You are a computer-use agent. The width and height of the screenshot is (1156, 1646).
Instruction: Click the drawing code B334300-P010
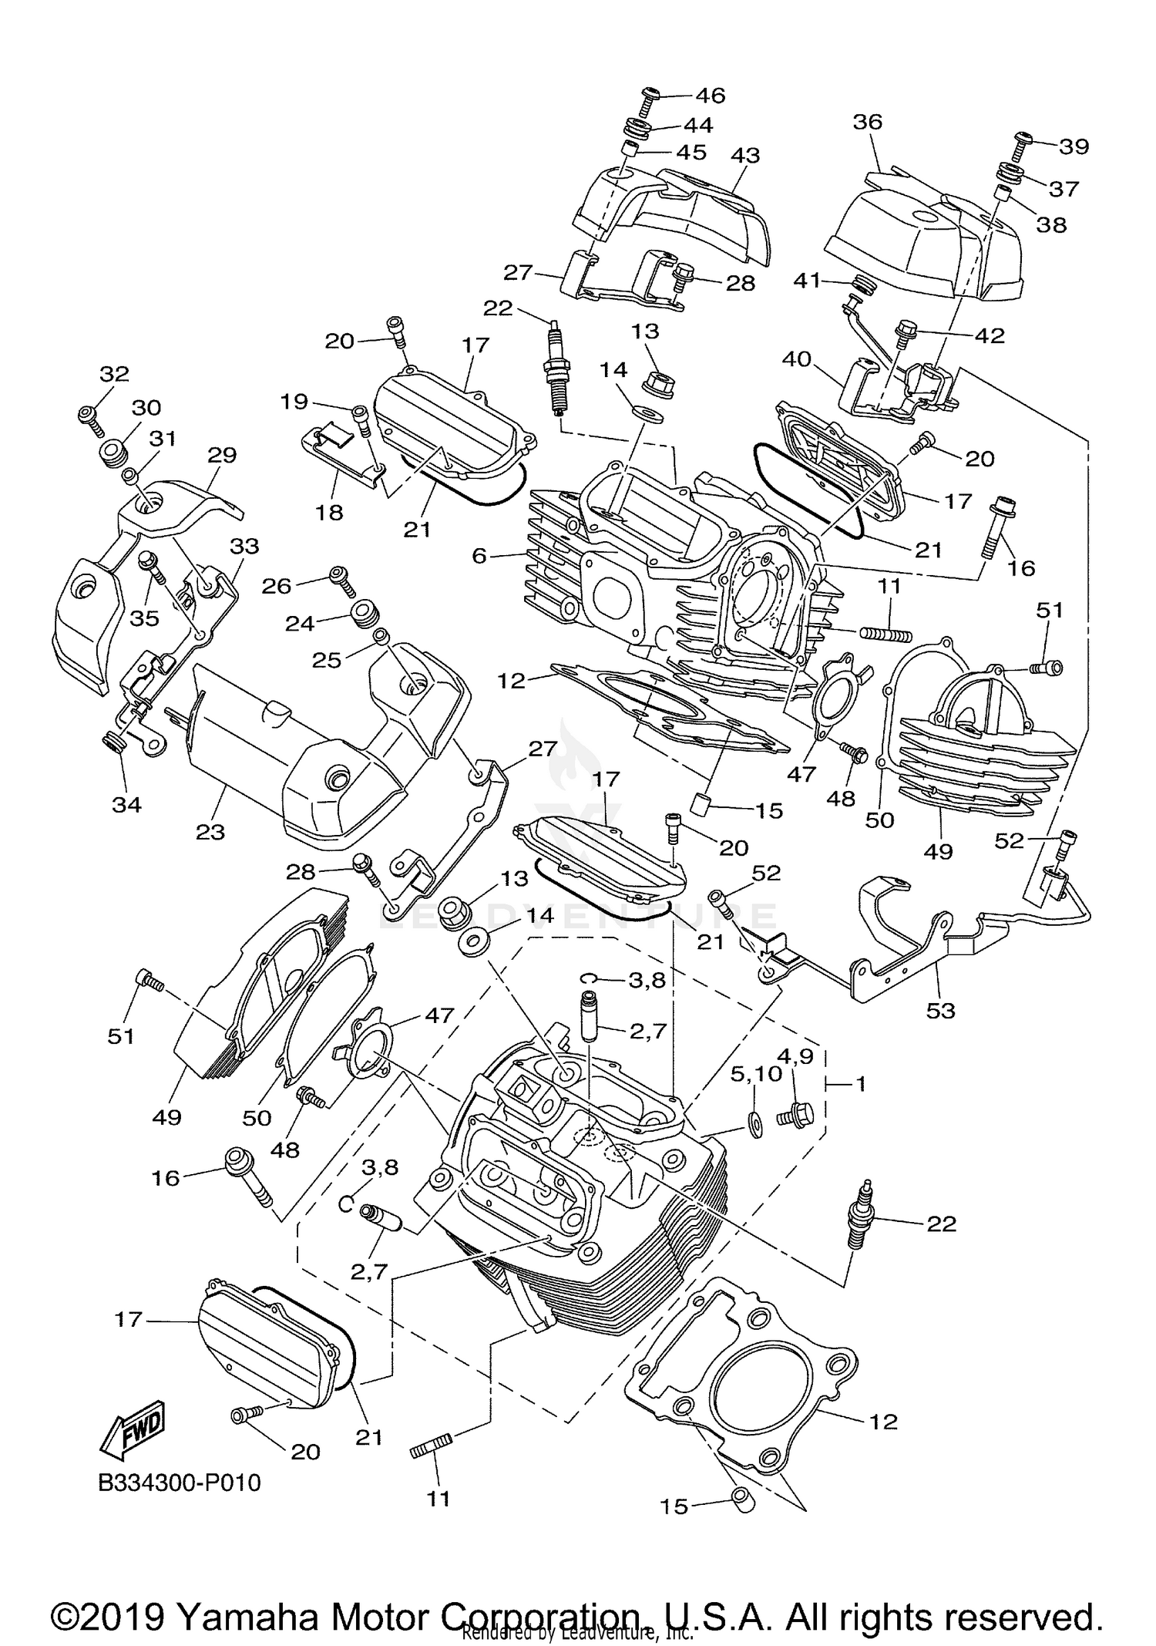(x=180, y=1483)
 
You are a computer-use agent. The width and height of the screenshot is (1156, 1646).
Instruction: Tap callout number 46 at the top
(x=710, y=95)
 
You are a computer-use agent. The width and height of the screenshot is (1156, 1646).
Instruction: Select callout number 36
(x=867, y=122)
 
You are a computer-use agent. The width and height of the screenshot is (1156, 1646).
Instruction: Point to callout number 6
(x=479, y=555)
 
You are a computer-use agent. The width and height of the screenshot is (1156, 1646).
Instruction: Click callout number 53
(x=940, y=1010)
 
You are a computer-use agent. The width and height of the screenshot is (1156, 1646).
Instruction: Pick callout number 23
(x=210, y=832)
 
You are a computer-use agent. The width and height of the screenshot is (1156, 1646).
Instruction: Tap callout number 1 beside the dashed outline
(x=860, y=1084)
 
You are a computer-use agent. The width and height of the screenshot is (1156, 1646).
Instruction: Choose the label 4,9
(x=795, y=1055)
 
